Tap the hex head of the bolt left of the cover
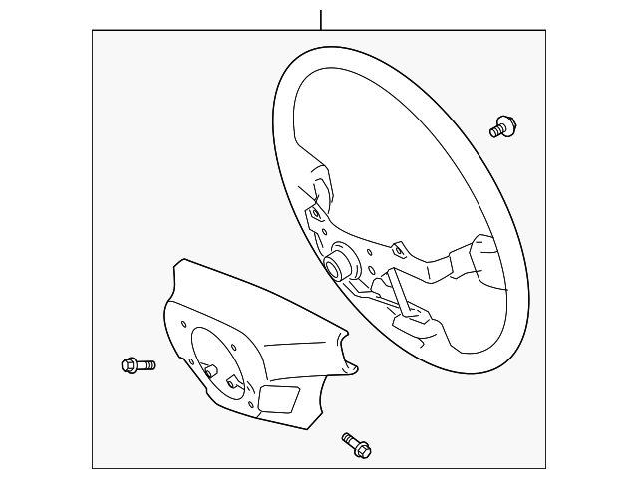tap(130, 365)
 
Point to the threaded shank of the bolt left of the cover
tap(146, 365)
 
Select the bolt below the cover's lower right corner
tap(355, 444)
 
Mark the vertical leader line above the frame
tap(321, 19)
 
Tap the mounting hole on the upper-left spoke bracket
tap(314, 212)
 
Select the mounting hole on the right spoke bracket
tap(399, 249)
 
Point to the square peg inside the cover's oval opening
tap(232, 380)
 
